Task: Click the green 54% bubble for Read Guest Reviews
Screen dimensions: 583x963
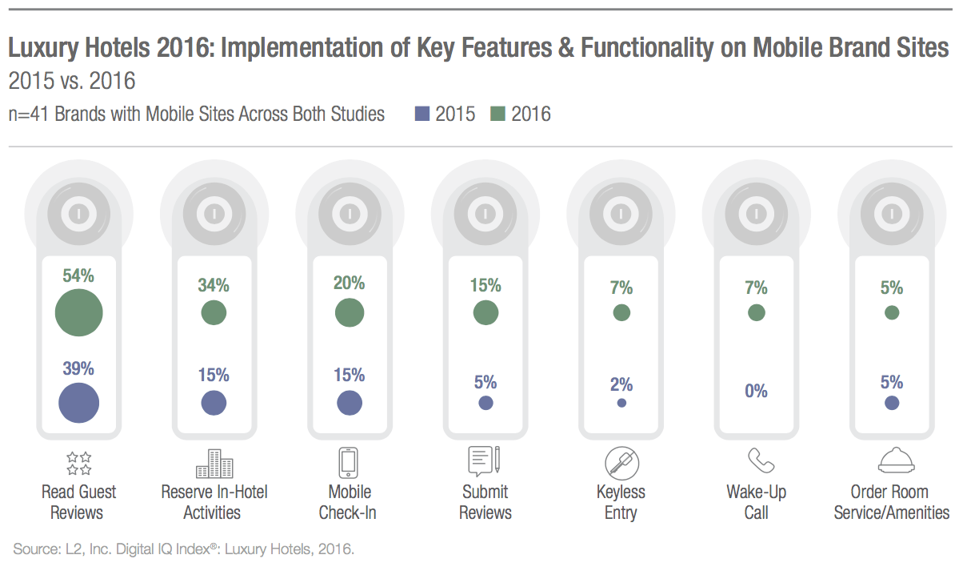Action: (x=79, y=312)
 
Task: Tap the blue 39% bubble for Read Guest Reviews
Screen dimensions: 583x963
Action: (x=79, y=403)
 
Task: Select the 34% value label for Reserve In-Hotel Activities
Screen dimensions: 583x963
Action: (x=214, y=284)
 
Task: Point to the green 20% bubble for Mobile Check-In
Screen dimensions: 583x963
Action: (x=349, y=312)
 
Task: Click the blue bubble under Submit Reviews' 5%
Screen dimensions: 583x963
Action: (x=485, y=403)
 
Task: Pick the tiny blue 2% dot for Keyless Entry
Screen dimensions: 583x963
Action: (x=621, y=403)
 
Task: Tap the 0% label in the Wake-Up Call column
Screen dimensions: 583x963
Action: (x=756, y=392)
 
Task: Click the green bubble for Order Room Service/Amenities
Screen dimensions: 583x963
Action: (x=892, y=312)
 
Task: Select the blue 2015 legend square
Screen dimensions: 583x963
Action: (x=422, y=115)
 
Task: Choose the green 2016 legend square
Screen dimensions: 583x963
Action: (x=498, y=115)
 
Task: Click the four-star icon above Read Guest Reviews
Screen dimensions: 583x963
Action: (x=78, y=463)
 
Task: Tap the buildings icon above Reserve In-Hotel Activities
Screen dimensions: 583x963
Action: (x=214, y=463)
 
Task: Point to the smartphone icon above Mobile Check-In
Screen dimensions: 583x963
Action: (x=349, y=463)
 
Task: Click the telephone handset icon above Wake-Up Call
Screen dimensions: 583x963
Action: (x=757, y=461)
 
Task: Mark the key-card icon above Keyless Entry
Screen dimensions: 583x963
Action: (x=621, y=463)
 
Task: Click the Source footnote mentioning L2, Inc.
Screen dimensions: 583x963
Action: (x=183, y=549)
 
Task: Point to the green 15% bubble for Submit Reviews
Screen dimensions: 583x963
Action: (x=485, y=312)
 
